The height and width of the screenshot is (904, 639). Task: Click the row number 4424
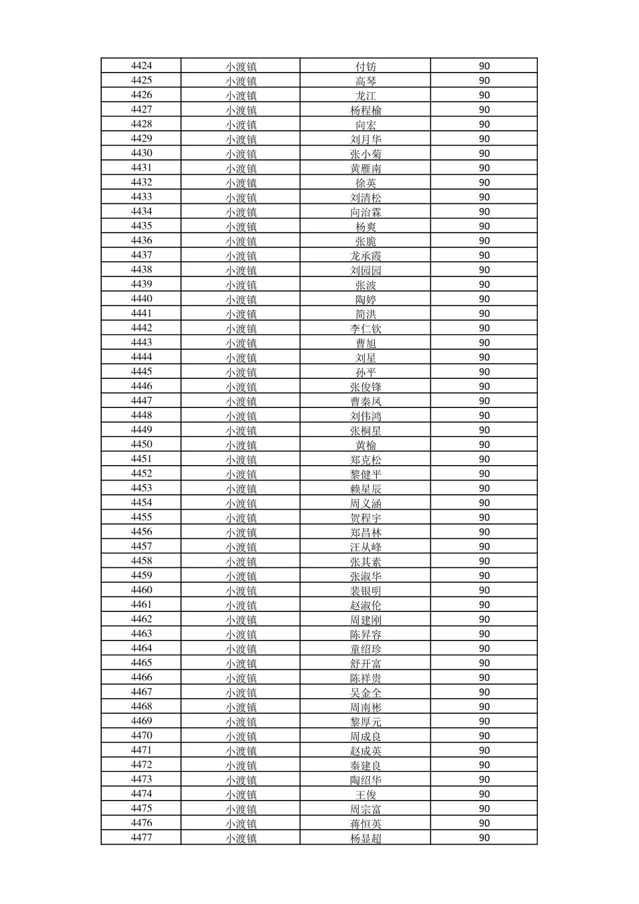tap(141, 66)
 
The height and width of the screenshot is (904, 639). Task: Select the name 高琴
tap(365, 81)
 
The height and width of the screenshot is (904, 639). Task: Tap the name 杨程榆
tap(365, 110)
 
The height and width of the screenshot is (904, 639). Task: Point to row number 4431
tap(141, 168)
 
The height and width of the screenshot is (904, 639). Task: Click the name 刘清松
tap(365, 197)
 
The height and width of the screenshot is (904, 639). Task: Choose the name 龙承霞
tap(365, 256)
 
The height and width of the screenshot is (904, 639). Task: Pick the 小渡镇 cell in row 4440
tap(240, 299)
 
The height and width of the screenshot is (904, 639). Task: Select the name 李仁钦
tap(365, 328)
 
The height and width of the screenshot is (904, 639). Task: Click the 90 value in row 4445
tap(484, 372)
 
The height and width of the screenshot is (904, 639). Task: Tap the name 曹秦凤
tap(365, 401)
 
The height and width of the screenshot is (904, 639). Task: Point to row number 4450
tap(141, 444)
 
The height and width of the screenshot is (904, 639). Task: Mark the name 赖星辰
tap(365, 489)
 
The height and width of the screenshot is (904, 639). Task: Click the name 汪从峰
tap(365, 547)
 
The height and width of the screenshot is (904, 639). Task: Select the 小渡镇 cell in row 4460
tap(240, 591)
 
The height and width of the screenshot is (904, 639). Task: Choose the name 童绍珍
tap(365, 649)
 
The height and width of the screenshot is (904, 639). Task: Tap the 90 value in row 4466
tap(484, 677)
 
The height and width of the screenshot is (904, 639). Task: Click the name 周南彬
tap(365, 707)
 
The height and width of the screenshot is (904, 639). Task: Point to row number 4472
tap(141, 765)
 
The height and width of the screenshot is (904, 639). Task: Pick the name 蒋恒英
tap(365, 824)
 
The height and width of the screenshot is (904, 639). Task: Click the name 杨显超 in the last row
tap(365, 838)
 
